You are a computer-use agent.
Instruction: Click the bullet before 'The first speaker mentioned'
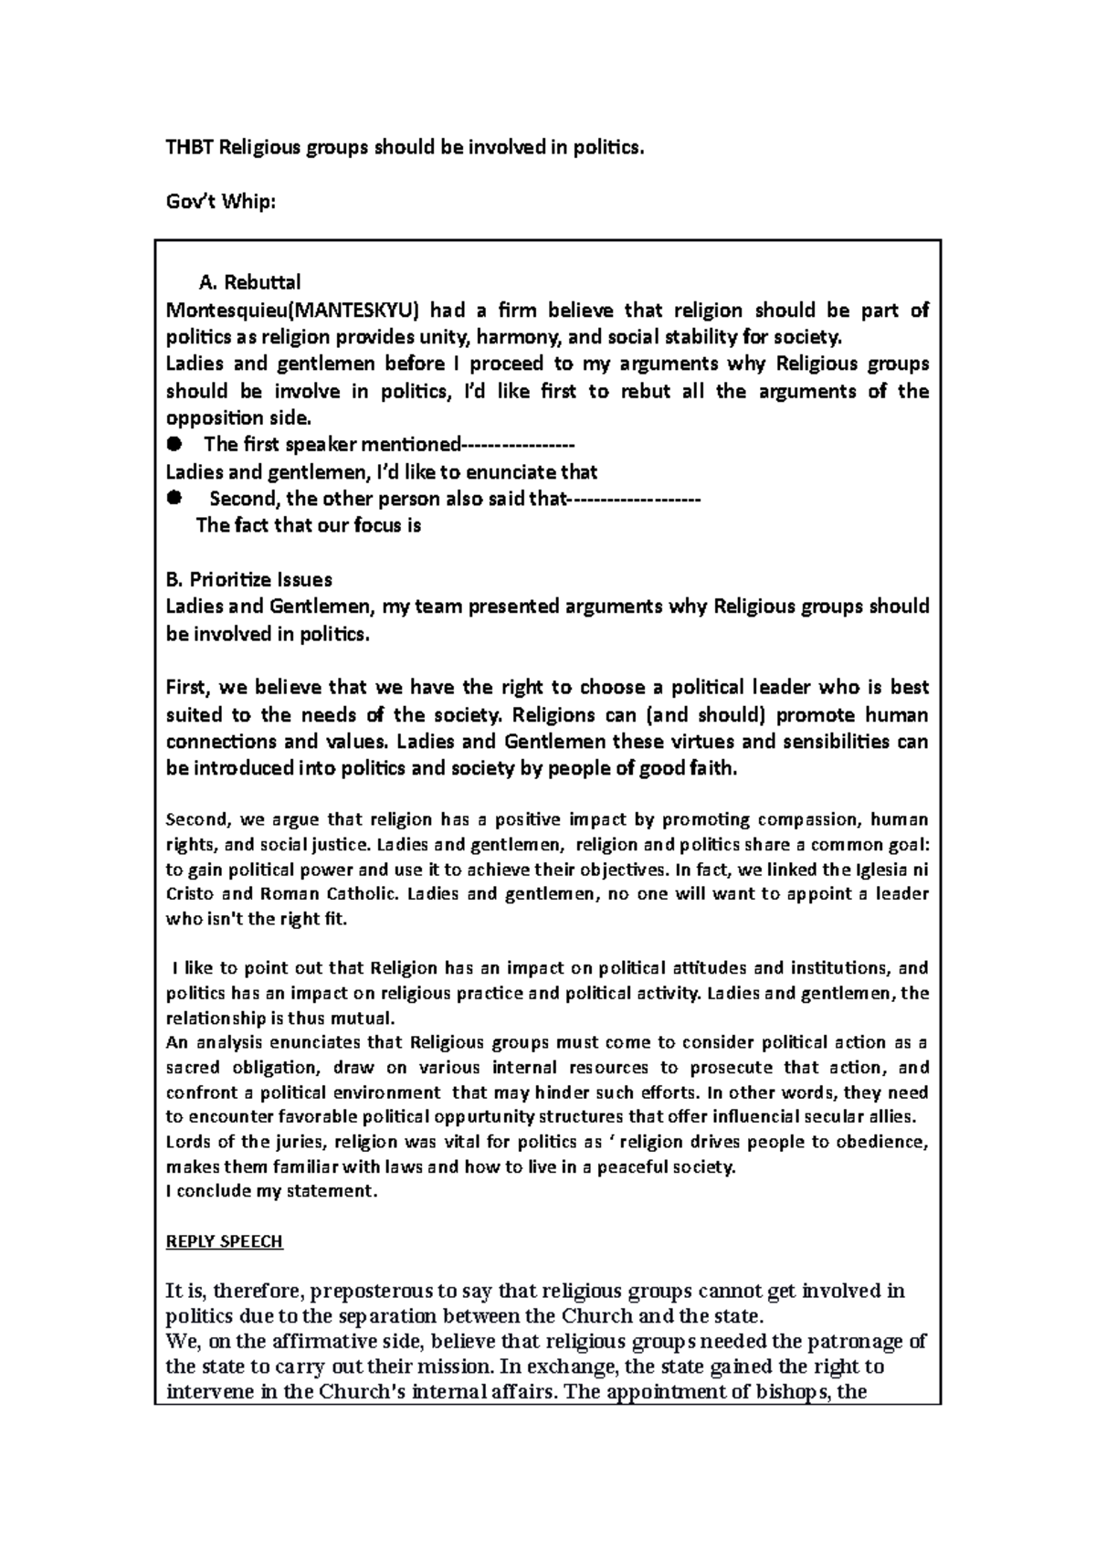click(174, 445)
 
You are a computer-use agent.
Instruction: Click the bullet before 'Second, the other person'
click(174, 499)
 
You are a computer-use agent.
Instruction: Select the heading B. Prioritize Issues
click(248, 579)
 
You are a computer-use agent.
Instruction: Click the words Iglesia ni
click(891, 869)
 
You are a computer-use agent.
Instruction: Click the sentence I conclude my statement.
click(270, 1191)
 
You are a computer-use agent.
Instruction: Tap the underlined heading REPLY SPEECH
click(224, 1242)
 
